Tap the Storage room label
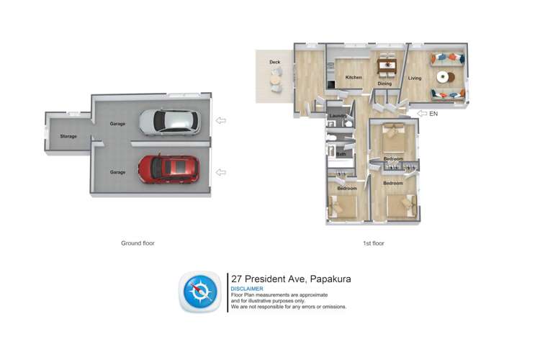click(x=68, y=136)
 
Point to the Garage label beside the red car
click(x=117, y=172)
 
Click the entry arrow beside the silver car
click(x=221, y=121)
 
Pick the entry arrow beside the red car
click(x=221, y=171)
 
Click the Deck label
click(x=274, y=63)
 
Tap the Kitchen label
click(x=354, y=78)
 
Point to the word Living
click(x=415, y=78)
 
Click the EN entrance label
click(x=433, y=114)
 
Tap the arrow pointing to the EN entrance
click(x=421, y=114)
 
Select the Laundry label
click(x=338, y=116)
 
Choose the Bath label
click(x=341, y=153)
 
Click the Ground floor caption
click(x=138, y=243)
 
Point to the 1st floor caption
click(x=374, y=243)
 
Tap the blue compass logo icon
click(x=198, y=292)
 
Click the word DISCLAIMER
click(x=247, y=289)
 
